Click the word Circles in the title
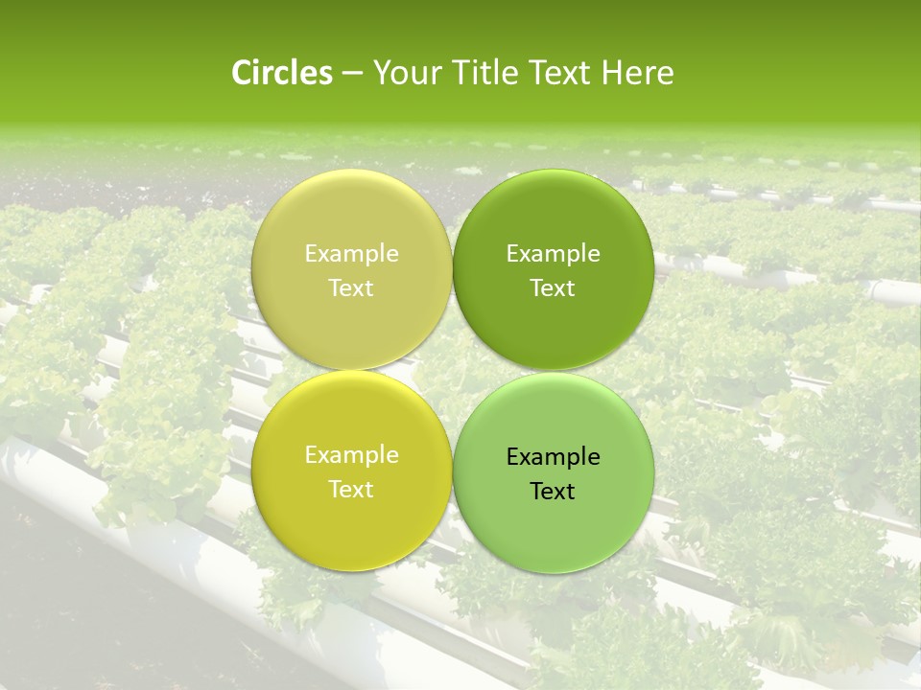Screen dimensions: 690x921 282,73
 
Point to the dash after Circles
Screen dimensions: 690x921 352,74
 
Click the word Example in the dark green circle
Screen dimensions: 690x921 554,254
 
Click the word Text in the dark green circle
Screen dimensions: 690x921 554,288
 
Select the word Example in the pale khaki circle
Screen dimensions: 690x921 351,254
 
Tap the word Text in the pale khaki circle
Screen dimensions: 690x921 351,288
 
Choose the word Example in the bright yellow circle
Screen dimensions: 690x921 351,455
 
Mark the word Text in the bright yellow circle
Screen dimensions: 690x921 351,490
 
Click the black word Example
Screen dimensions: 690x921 554,457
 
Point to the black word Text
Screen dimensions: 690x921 554,492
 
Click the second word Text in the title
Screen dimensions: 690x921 560,73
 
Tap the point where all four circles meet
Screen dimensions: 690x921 452,371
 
